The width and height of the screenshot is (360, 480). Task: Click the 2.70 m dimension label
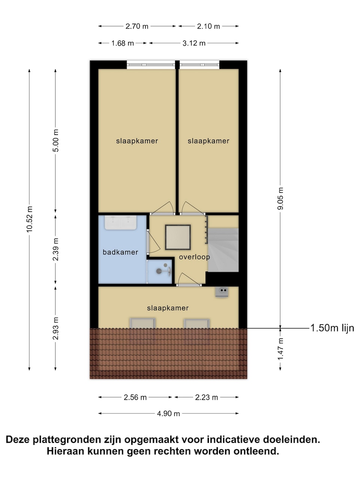coord(137,26)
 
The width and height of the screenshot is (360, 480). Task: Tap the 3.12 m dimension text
coord(194,43)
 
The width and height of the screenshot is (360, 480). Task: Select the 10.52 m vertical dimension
coord(29,219)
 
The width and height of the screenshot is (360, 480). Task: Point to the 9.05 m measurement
coord(280,198)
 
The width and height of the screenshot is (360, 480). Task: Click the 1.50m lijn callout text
coord(332,328)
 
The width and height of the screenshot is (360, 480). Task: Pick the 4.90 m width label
coord(168,414)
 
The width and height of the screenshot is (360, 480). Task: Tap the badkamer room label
coord(120,252)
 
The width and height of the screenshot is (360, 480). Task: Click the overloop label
coord(195,257)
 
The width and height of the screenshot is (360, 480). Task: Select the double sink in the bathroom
coord(121,222)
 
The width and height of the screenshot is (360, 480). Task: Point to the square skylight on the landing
coord(178,237)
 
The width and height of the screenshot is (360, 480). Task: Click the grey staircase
coord(223,250)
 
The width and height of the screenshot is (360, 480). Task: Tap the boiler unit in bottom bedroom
coord(222,292)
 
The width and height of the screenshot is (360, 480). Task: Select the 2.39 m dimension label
coord(55,249)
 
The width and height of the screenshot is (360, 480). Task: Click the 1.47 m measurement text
coord(280,349)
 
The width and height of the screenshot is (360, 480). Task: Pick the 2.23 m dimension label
coord(206,397)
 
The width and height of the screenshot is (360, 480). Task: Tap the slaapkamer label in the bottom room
coord(168,308)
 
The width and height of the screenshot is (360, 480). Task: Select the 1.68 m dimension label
coord(122,43)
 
